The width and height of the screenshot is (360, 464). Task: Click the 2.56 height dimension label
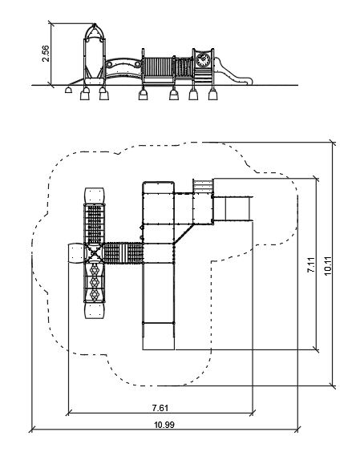click(x=46, y=54)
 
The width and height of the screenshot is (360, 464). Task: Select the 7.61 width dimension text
click(x=160, y=408)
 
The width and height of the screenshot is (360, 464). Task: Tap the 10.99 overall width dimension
click(x=164, y=425)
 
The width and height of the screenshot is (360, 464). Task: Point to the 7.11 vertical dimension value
click(x=311, y=264)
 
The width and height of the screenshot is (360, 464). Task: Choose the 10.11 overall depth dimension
click(x=328, y=265)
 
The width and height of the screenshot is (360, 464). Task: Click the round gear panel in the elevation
click(x=203, y=60)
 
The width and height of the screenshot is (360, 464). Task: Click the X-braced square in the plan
click(x=94, y=253)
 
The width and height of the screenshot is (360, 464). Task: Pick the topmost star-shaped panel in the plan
click(x=95, y=270)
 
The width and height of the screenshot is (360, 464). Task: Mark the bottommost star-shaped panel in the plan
click(x=95, y=294)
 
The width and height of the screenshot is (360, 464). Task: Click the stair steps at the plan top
click(x=203, y=186)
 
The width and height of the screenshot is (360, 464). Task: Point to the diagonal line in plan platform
click(x=184, y=234)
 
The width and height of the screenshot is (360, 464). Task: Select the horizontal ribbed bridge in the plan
click(x=123, y=253)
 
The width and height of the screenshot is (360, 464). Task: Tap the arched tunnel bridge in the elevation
click(x=123, y=69)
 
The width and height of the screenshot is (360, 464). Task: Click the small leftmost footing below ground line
click(x=68, y=90)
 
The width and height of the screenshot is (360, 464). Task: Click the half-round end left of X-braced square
click(x=76, y=253)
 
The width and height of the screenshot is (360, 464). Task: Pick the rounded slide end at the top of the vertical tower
click(x=95, y=196)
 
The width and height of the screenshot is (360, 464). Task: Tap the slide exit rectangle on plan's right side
click(x=233, y=209)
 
